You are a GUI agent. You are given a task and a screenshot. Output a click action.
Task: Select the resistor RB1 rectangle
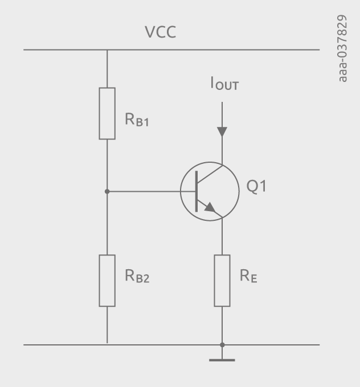point(107,113)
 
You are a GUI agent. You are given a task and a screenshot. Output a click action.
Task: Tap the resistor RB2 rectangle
point(107,281)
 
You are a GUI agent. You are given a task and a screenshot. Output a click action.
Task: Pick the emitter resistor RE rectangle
point(222,281)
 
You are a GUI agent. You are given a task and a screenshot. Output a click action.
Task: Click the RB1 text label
point(137,121)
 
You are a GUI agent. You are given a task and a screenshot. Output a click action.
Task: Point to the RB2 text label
point(137,277)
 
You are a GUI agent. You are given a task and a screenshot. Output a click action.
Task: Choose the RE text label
point(248,277)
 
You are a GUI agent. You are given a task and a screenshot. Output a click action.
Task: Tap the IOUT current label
point(223,86)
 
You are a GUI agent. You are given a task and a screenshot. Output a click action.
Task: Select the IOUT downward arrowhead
point(222,131)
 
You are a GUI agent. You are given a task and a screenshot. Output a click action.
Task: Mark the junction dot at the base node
point(107,192)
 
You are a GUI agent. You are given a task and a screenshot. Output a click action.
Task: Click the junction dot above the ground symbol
point(222,344)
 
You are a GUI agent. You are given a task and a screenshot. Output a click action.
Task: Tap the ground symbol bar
point(222,360)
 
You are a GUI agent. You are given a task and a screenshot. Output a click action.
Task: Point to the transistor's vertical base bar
point(197,192)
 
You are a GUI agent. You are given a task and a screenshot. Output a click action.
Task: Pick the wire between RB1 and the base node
point(107,165)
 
